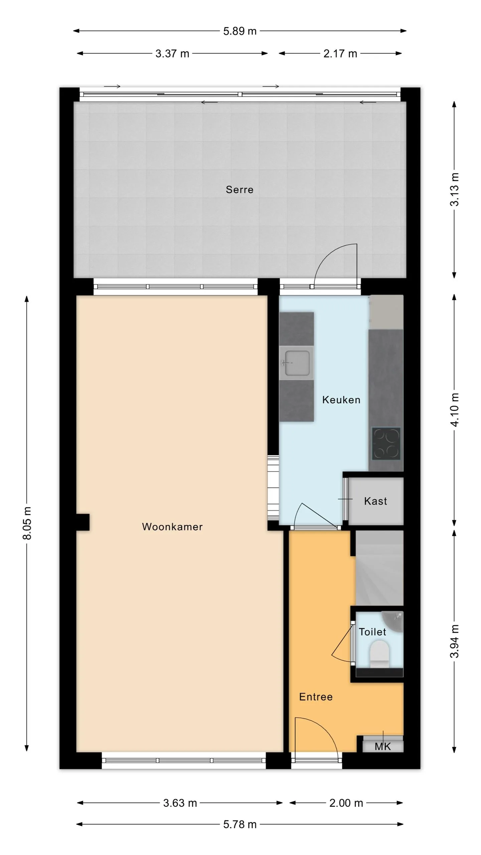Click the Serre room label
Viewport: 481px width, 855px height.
pos(239,190)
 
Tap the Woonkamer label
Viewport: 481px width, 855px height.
pos(172,527)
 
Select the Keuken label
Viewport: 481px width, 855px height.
pos(341,400)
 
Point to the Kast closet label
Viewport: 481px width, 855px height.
pos(376,501)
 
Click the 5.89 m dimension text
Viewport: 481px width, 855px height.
pos(240,31)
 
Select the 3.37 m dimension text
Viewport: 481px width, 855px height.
pos(172,53)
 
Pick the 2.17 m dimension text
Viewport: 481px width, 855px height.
pos(340,53)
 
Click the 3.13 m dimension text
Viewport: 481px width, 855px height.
pos(454,189)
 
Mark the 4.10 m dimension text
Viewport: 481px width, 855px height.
pos(454,410)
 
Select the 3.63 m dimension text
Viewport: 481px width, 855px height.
pos(180,803)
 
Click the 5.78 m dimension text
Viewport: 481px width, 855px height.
pos(240,824)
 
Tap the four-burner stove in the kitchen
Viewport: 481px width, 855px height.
pos(386,444)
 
